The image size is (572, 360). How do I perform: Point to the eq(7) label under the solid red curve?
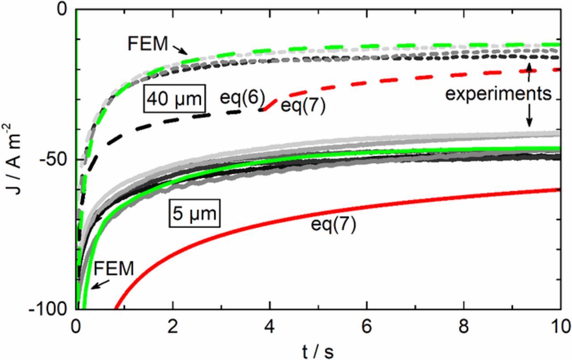pos(333,225)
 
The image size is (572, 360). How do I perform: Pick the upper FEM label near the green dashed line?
pos(147,44)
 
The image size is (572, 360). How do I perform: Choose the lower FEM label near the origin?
pos(114,269)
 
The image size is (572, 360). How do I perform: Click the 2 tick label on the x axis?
pos(173,325)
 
